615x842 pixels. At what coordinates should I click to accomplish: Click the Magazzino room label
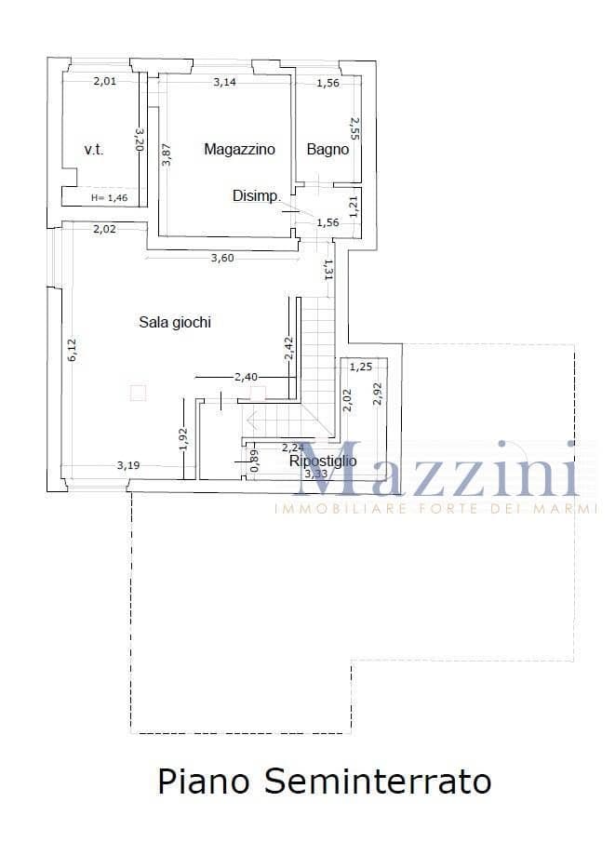point(239,149)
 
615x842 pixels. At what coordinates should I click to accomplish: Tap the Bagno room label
point(328,149)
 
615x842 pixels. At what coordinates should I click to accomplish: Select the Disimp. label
point(256,195)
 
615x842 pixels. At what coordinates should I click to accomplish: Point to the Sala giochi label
point(175,323)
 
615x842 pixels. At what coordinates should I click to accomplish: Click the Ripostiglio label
point(323,461)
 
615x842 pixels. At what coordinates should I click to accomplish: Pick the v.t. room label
point(93,149)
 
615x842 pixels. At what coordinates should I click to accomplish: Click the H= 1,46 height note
point(109,197)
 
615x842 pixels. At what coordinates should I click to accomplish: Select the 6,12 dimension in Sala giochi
point(73,350)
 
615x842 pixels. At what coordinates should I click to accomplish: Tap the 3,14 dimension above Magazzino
point(224,83)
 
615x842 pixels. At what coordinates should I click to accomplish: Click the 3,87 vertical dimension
point(167,154)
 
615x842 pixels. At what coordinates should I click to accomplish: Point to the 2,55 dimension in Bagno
point(354,128)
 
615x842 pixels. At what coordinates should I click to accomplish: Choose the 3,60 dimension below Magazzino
point(221,258)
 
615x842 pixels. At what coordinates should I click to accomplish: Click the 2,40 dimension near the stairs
point(246,377)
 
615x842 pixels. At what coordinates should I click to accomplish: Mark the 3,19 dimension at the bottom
point(128,464)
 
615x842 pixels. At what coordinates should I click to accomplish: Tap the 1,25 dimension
point(360,367)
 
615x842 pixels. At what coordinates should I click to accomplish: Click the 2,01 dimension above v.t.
point(105,82)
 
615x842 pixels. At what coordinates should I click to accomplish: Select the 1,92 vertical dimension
point(183,438)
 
